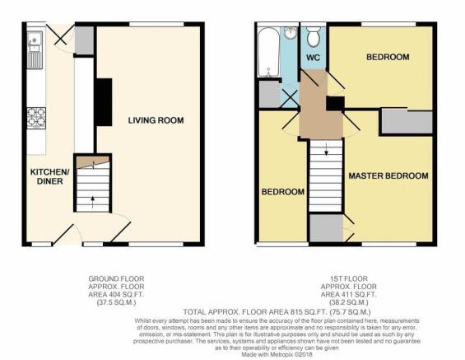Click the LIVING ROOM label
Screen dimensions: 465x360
(156, 120)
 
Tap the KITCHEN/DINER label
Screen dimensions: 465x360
(49, 176)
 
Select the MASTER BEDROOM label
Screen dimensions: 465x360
(388, 175)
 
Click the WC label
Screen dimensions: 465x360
(314, 58)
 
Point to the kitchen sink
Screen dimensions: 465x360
(35, 50)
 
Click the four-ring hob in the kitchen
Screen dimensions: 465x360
(36, 118)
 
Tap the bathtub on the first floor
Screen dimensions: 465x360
(268, 52)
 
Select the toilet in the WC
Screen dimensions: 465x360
(314, 37)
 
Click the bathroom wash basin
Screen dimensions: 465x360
(291, 33)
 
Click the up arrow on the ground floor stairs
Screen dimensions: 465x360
(92, 202)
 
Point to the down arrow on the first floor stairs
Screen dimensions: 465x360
(326, 149)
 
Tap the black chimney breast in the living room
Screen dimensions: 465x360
(103, 102)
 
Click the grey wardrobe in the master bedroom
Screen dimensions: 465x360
(407, 122)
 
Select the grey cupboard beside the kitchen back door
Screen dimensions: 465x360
(84, 40)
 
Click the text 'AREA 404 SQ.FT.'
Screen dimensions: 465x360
(116, 295)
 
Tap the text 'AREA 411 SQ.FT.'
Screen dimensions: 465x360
(348, 295)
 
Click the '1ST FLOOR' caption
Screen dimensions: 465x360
(348, 278)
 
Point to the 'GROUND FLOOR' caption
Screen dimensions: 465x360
(116, 278)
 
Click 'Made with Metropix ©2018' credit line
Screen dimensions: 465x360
(277, 354)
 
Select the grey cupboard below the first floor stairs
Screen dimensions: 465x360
(326, 227)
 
